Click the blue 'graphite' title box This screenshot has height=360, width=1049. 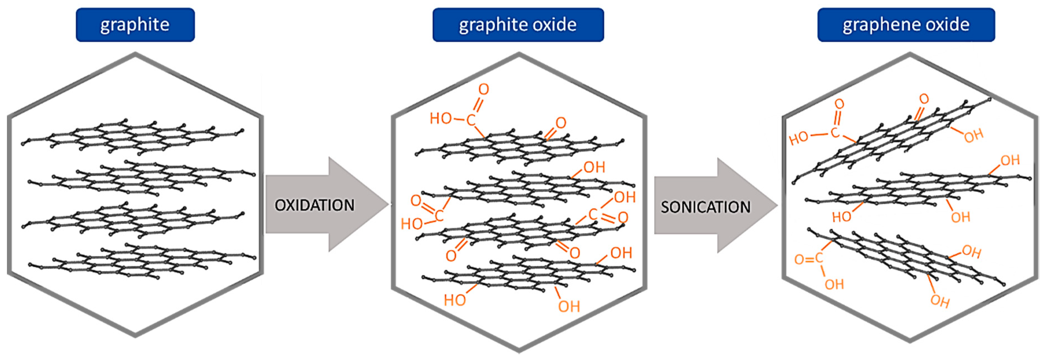click(x=135, y=25)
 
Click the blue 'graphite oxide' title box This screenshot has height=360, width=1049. click(x=518, y=25)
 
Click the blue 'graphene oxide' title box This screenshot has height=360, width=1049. click(x=906, y=25)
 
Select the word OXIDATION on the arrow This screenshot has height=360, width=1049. click(x=314, y=205)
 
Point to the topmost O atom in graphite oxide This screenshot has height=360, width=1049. click(x=483, y=89)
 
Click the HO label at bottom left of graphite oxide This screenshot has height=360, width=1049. click(x=454, y=300)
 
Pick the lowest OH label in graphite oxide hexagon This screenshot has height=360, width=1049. click(x=569, y=306)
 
